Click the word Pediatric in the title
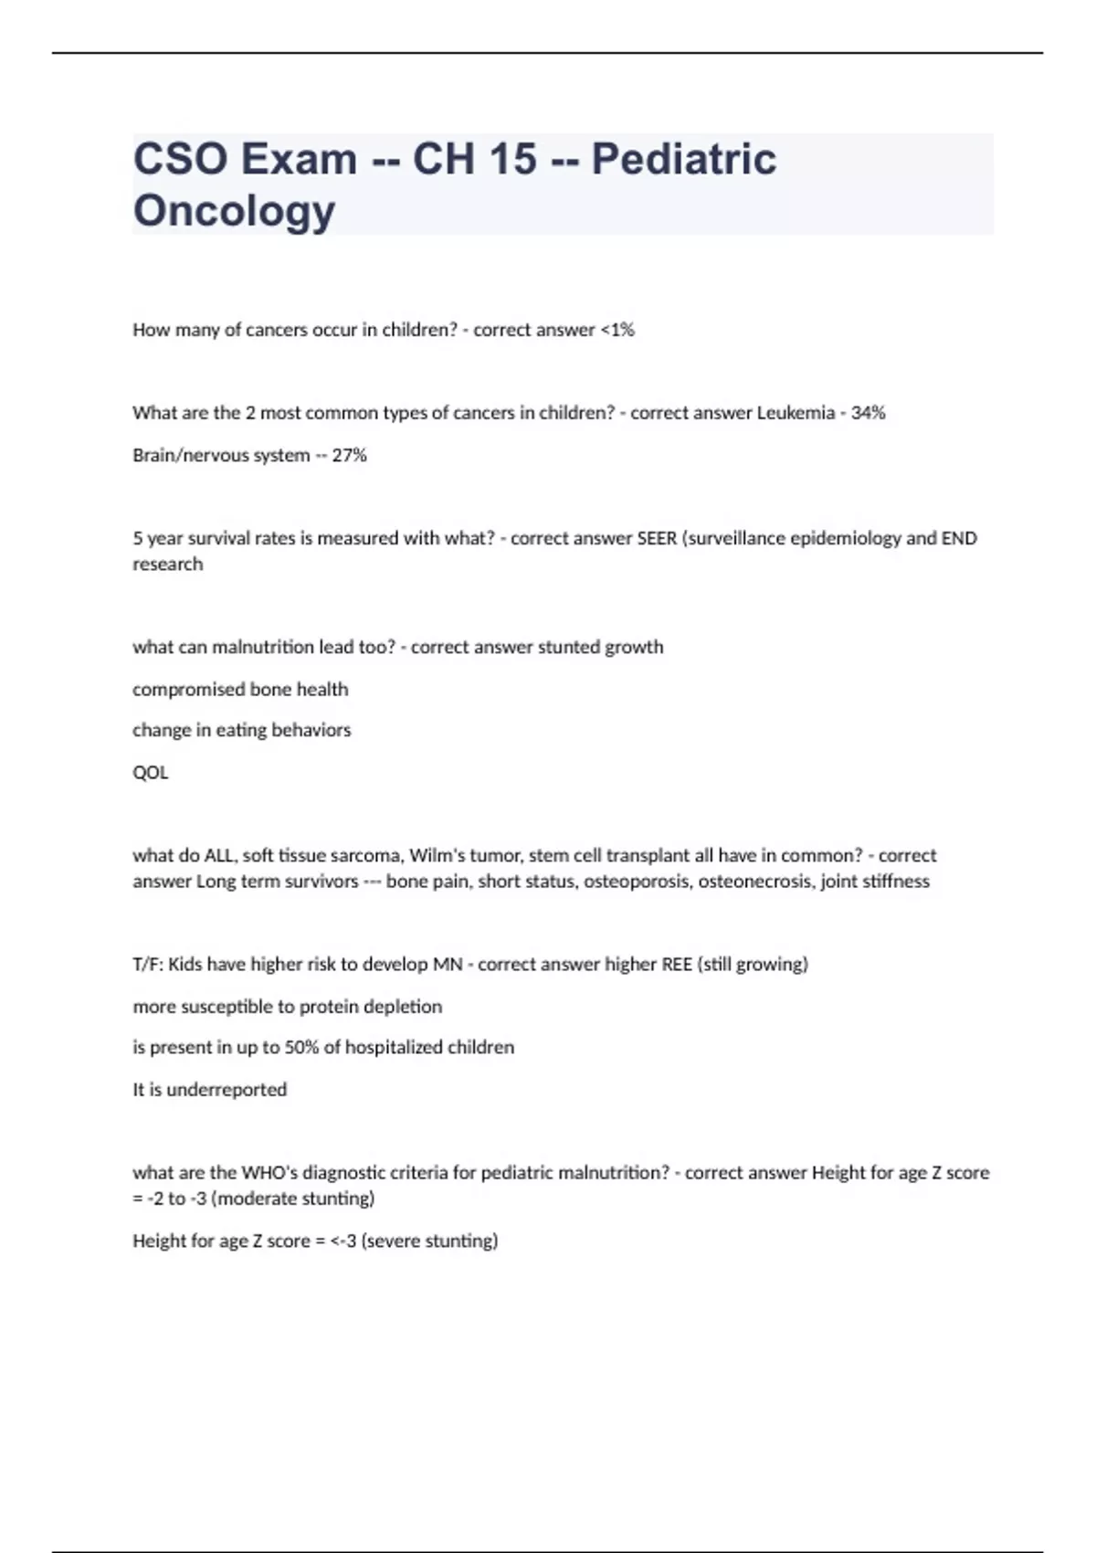coord(683,159)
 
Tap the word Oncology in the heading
coord(234,210)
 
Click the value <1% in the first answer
coord(616,330)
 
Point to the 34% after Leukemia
coord(868,413)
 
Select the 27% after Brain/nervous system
coord(349,455)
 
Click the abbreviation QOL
coord(151,772)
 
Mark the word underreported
coord(227,1089)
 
